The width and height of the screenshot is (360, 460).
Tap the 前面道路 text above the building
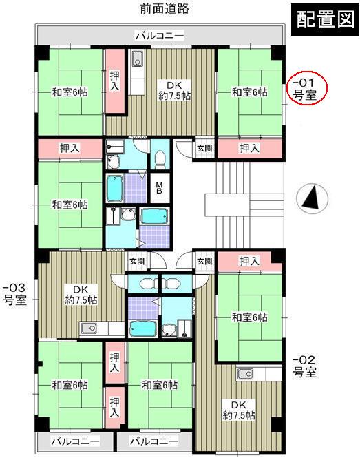(164, 9)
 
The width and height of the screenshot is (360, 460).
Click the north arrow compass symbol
(312, 199)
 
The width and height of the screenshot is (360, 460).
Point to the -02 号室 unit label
(304, 366)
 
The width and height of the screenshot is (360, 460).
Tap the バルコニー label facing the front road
(159, 35)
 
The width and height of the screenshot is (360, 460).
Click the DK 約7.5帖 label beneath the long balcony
(168, 90)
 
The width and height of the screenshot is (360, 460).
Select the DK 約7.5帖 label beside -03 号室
(81, 294)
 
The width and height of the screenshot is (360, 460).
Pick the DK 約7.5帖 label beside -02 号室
(238, 410)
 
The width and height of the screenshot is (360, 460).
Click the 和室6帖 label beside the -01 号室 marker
(249, 92)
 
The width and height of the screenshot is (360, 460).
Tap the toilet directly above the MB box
(160, 159)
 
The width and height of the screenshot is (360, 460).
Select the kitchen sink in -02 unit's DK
(246, 375)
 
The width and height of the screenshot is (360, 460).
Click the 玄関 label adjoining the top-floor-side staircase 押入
(205, 148)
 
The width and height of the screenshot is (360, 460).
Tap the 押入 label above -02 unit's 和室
(248, 261)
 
